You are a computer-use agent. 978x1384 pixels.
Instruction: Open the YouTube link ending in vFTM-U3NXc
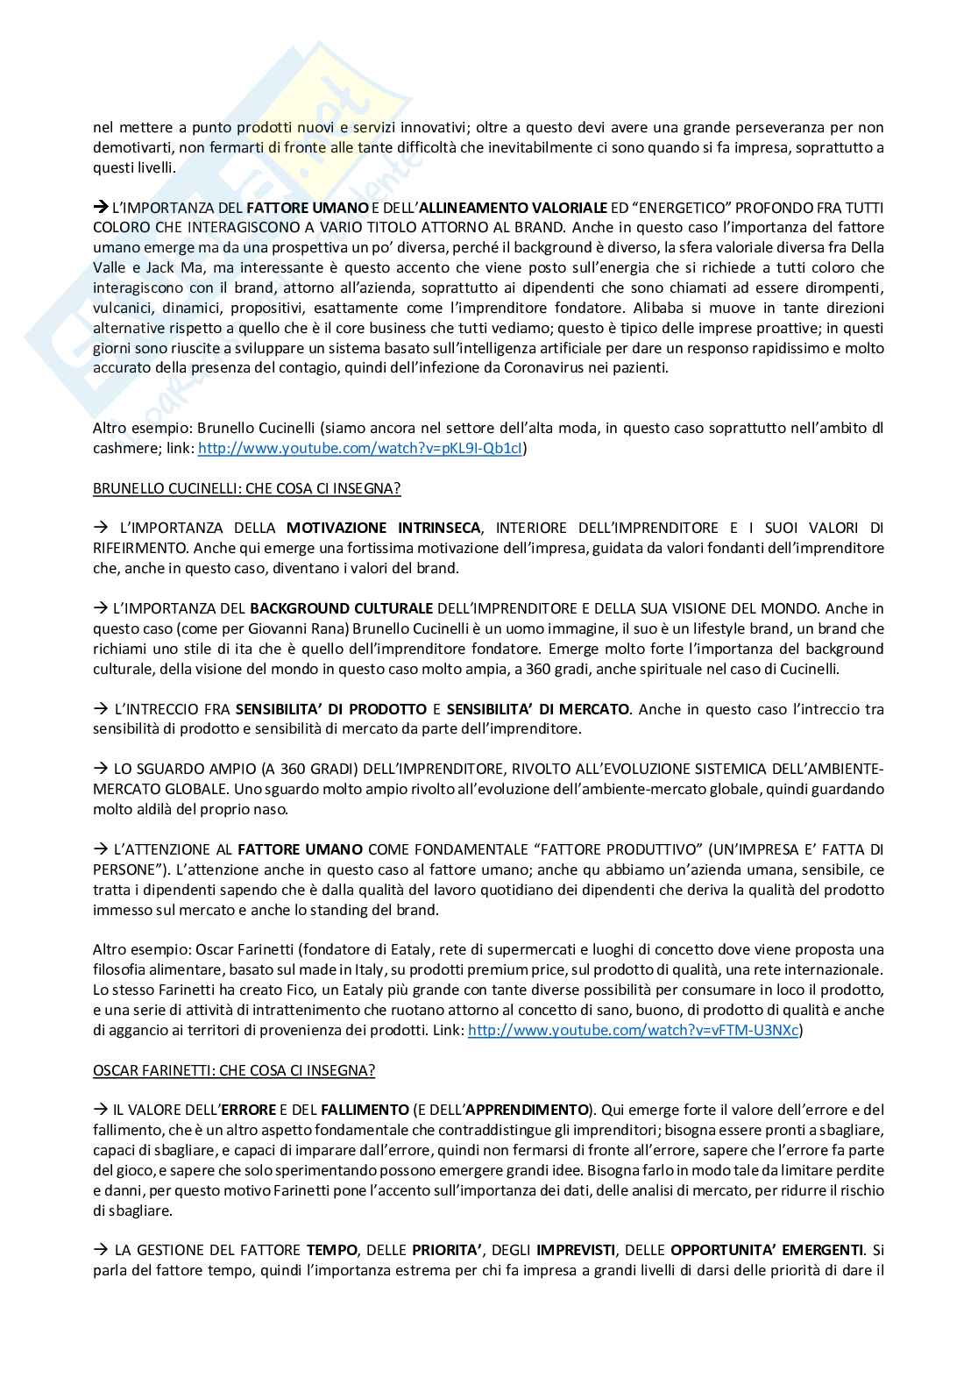[634, 1031]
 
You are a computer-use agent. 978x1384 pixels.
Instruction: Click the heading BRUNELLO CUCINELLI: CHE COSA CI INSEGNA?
[246, 488]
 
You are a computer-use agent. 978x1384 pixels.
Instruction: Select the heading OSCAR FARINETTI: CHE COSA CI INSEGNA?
[234, 1070]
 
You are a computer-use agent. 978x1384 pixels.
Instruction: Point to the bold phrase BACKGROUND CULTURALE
[341, 608]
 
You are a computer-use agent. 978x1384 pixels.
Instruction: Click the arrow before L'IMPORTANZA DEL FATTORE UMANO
[100, 208]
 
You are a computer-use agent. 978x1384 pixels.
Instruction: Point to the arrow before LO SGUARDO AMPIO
[100, 769]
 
